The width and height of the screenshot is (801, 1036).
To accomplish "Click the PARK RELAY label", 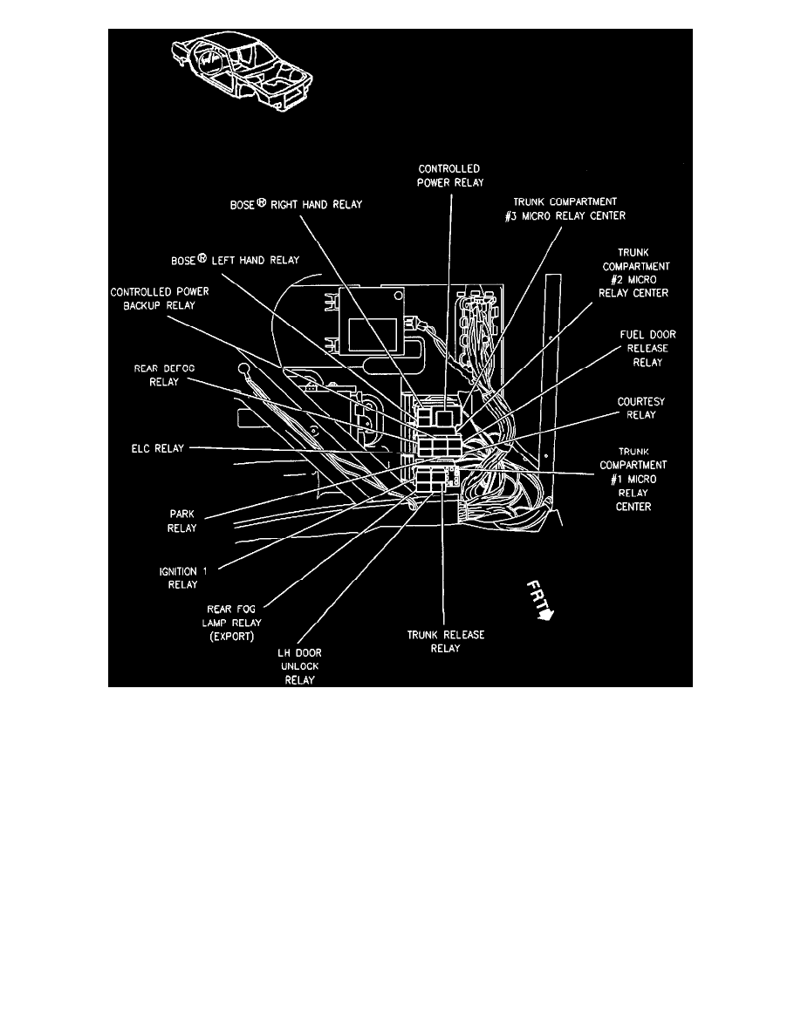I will coord(182,521).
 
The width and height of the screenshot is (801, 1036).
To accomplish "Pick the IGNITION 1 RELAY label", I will coord(183,576).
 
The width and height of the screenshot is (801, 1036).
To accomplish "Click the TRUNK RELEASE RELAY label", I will coord(446,641).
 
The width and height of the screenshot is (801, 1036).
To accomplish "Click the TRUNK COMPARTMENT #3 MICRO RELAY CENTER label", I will coord(557,208).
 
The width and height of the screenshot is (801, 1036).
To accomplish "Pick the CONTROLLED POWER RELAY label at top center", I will coord(449,175).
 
